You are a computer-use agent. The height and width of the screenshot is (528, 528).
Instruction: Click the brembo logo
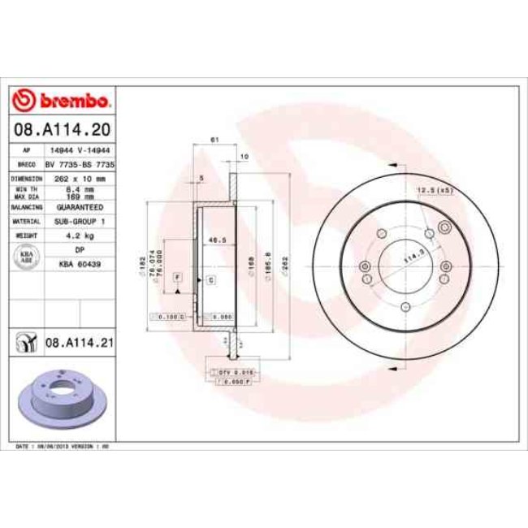(62, 101)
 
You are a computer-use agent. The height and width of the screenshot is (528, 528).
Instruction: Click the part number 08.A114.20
(62, 128)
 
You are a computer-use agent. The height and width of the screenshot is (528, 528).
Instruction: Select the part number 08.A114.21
(78, 343)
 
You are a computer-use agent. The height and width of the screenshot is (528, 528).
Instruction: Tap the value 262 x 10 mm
(79, 178)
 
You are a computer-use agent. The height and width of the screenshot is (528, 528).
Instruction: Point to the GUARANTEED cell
(79, 207)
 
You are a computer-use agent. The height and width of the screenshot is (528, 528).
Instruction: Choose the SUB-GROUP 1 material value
(79, 221)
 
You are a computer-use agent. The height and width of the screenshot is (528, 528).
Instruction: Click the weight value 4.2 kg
(79, 236)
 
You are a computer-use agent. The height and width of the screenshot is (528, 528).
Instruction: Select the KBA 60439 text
(79, 264)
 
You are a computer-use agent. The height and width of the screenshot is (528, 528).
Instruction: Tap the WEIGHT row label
(26, 236)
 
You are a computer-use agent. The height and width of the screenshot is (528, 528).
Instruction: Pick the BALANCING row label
(26, 207)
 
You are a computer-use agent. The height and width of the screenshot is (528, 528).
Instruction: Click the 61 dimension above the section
(214, 141)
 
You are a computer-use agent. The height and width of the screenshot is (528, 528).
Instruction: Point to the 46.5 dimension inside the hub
(216, 240)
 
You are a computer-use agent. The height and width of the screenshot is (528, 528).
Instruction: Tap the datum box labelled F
(176, 278)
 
